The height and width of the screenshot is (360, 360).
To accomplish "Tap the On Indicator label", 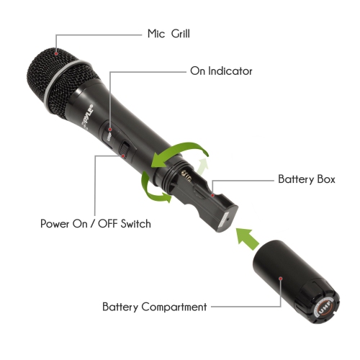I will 221,71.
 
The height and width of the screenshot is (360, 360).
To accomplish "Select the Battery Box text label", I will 306,178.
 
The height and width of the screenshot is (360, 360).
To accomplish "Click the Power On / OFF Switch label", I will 96,224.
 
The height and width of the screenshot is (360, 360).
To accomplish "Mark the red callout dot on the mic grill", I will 47,51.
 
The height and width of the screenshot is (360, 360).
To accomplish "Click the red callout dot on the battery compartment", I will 280,276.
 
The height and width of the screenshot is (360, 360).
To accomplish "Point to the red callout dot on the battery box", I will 214,193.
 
